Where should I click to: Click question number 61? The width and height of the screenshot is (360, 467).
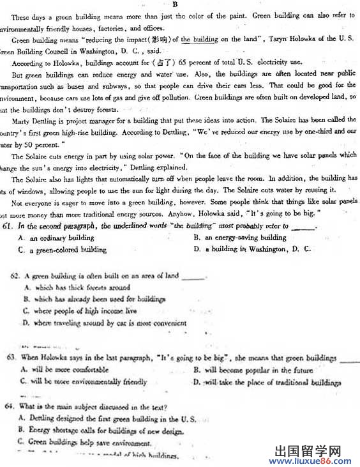[8, 226]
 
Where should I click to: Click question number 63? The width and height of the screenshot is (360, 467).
[11, 358]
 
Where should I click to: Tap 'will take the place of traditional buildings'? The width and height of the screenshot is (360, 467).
[271, 383]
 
